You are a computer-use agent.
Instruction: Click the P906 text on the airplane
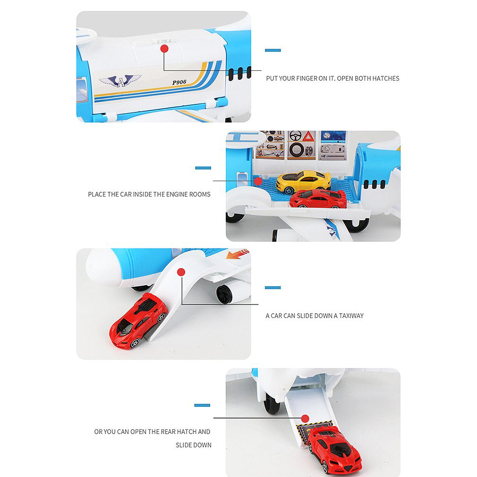tap(179, 82)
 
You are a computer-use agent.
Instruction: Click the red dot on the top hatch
tap(164, 49)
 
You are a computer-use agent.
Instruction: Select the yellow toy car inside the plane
tap(303, 181)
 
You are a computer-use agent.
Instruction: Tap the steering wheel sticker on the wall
tap(295, 136)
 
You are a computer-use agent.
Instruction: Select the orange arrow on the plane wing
tap(238, 255)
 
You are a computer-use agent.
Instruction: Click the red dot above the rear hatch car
tap(305, 418)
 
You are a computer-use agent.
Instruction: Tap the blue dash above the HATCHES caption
tap(273, 50)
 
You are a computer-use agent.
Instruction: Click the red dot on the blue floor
tap(258, 181)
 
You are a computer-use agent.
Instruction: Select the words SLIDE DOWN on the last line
tap(194, 445)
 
